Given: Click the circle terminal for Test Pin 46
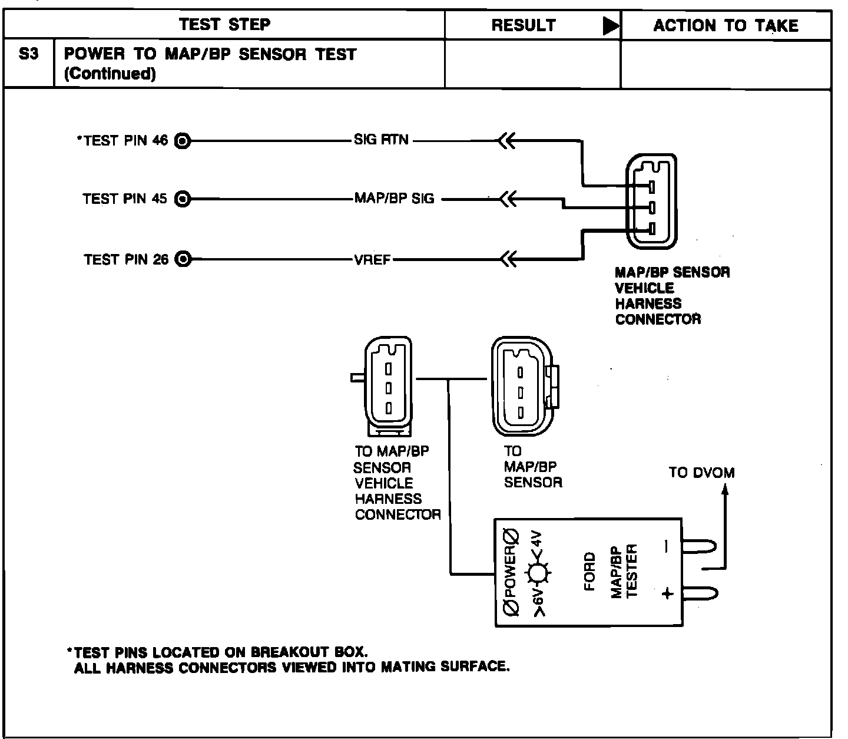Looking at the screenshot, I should [x=183, y=141].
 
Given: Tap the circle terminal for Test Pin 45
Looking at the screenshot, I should [x=183, y=199].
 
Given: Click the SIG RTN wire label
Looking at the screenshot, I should [x=381, y=140].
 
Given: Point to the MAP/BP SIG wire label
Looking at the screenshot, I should [x=394, y=199].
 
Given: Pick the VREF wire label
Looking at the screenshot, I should [x=373, y=260].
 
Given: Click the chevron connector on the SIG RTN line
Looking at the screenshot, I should [x=506, y=141].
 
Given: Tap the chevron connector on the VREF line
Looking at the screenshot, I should [x=506, y=258].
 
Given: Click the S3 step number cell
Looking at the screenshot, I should [x=29, y=54].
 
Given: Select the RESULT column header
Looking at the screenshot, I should [x=523, y=25].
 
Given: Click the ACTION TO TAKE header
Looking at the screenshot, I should [x=726, y=25].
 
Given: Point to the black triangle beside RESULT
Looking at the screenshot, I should [x=611, y=26].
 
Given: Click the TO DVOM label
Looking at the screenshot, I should [x=701, y=473].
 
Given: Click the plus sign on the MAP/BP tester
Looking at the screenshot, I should [x=667, y=593].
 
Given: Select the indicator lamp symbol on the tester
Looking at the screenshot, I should [x=537, y=572].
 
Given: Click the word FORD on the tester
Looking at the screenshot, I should [x=589, y=572].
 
